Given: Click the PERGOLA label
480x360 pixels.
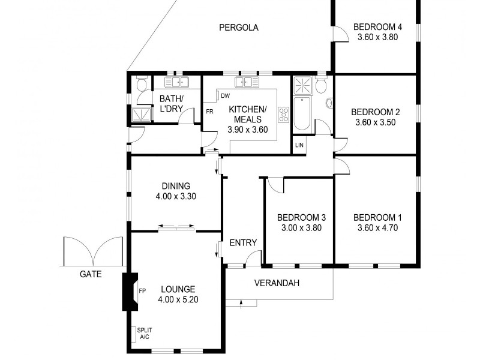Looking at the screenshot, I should [x=238, y=27].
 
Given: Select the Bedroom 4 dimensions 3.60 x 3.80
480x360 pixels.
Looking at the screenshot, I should [x=377, y=37].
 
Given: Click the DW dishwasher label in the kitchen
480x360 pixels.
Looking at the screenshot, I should [x=225, y=96].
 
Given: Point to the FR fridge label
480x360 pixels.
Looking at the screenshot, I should [x=210, y=112].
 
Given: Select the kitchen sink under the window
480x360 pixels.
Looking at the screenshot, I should [x=247, y=82].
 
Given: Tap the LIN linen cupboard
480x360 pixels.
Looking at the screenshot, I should [x=299, y=145].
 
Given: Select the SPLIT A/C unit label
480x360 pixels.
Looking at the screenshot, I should [x=144, y=334].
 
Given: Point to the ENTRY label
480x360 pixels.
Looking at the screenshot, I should [x=243, y=243].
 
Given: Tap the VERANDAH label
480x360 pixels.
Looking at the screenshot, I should [x=277, y=283].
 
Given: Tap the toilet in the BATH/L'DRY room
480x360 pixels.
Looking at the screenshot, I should [x=141, y=86].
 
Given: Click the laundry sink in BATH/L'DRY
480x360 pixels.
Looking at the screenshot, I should [x=177, y=82].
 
